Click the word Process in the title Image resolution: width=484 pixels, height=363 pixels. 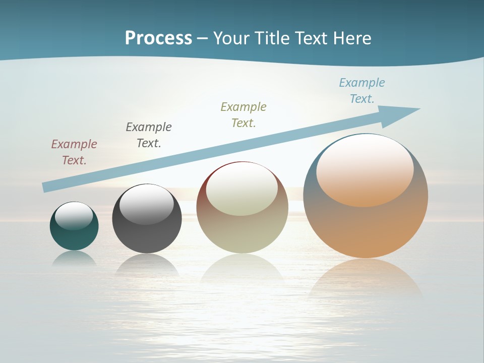tap(158, 38)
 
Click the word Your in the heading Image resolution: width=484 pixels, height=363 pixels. tap(229, 38)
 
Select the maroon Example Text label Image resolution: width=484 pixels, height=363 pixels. tap(74, 152)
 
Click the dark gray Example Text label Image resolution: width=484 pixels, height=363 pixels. tap(149, 135)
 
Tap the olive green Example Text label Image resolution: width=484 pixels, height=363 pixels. tap(244, 114)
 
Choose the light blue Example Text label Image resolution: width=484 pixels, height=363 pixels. tap(362, 90)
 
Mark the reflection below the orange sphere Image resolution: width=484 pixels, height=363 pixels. tap(366, 277)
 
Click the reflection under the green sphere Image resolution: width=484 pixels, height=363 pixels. tap(74, 258)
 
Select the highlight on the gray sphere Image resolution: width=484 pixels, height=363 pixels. tap(146, 204)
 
